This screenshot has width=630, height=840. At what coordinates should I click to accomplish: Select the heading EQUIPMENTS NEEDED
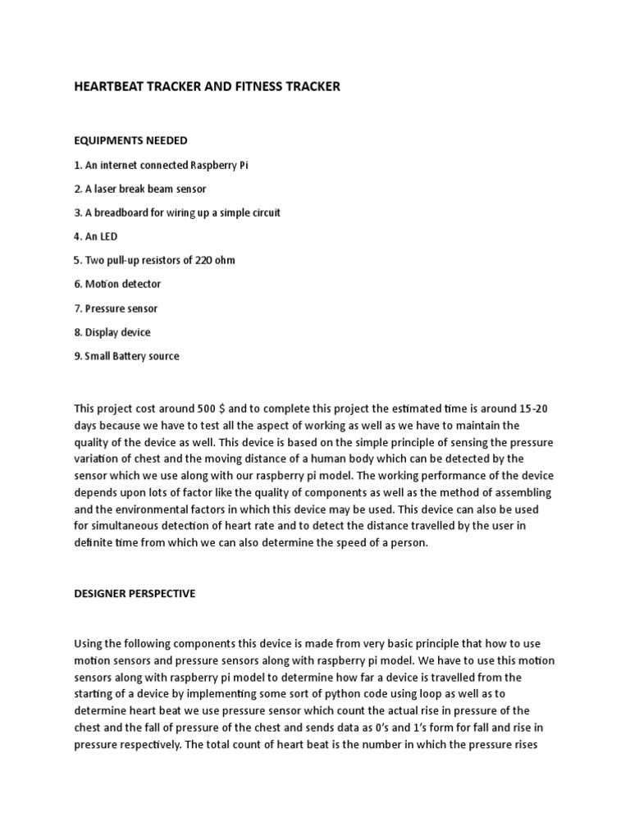[x=130, y=141]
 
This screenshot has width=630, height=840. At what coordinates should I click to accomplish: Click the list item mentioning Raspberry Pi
[x=161, y=165]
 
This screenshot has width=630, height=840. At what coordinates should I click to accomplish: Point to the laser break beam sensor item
[x=140, y=189]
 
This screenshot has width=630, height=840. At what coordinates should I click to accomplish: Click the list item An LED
[x=96, y=236]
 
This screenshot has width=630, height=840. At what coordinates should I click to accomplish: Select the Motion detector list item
[x=117, y=284]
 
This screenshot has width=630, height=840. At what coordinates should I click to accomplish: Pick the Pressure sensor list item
[x=116, y=308]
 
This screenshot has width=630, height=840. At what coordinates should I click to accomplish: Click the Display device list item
[x=112, y=332]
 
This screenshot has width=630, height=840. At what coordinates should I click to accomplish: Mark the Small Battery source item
[x=126, y=356]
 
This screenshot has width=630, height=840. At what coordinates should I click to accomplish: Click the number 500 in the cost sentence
[x=207, y=408]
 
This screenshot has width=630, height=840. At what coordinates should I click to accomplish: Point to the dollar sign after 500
[x=223, y=408]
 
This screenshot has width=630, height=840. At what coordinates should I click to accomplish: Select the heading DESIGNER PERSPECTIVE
[x=135, y=593]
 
